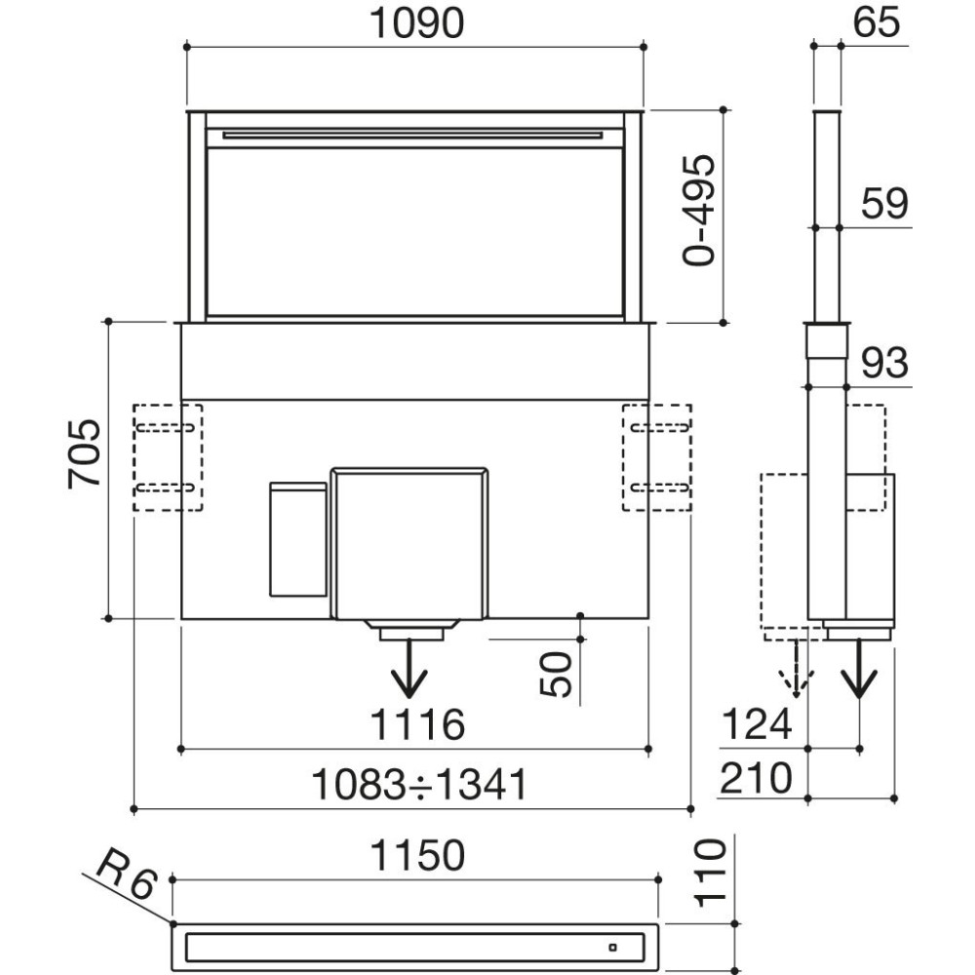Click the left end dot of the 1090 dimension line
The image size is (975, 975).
pyautogui.click(x=187, y=47)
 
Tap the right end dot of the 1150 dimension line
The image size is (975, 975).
pyautogui.click(x=659, y=879)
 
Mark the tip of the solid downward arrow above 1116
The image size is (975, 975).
pyautogui.click(x=409, y=696)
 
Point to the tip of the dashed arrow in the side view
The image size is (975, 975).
pyautogui.click(x=797, y=696)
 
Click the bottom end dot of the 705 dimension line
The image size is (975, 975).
pyautogui.click(x=109, y=619)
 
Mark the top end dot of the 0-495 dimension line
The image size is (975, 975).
pyautogui.click(x=723, y=110)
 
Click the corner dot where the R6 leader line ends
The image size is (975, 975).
pyautogui.click(x=173, y=924)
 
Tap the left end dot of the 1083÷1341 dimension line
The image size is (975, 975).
pyautogui.click(x=135, y=809)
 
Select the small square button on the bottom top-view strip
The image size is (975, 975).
pyautogui.click(x=612, y=949)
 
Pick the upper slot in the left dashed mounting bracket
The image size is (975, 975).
pyautogui.click(x=166, y=428)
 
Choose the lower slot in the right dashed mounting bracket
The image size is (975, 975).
pyautogui.click(x=660, y=487)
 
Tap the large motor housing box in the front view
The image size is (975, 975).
pyautogui.click(x=409, y=543)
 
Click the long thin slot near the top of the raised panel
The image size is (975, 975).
pyautogui.click(x=412, y=136)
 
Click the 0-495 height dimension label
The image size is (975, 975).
pyautogui.click(x=699, y=211)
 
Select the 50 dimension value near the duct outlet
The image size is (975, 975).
pyautogui.click(x=556, y=675)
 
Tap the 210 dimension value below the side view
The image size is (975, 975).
pyautogui.click(x=757, y=778)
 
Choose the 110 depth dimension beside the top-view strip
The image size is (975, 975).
pyautogui.click(x=710, y=873)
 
